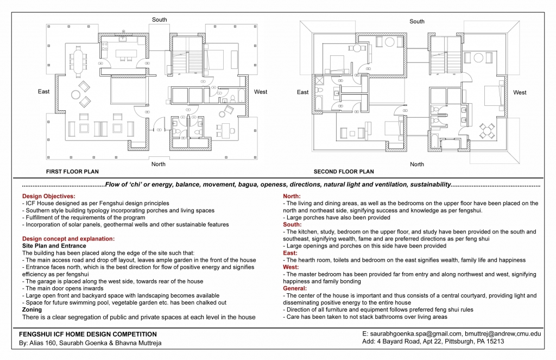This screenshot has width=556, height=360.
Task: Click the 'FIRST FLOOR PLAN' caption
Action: pos(72,172)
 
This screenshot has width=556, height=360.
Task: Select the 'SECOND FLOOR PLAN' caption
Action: pos(344,172)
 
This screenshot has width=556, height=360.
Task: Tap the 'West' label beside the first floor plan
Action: pos(261,92)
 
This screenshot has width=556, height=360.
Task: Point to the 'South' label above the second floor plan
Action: pos(417,21)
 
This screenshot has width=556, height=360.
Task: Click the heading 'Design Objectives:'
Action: pos(48,196)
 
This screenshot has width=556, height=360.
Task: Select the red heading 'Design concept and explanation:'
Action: pos(68,238)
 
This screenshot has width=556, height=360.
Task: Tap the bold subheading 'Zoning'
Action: pos(31,309)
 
